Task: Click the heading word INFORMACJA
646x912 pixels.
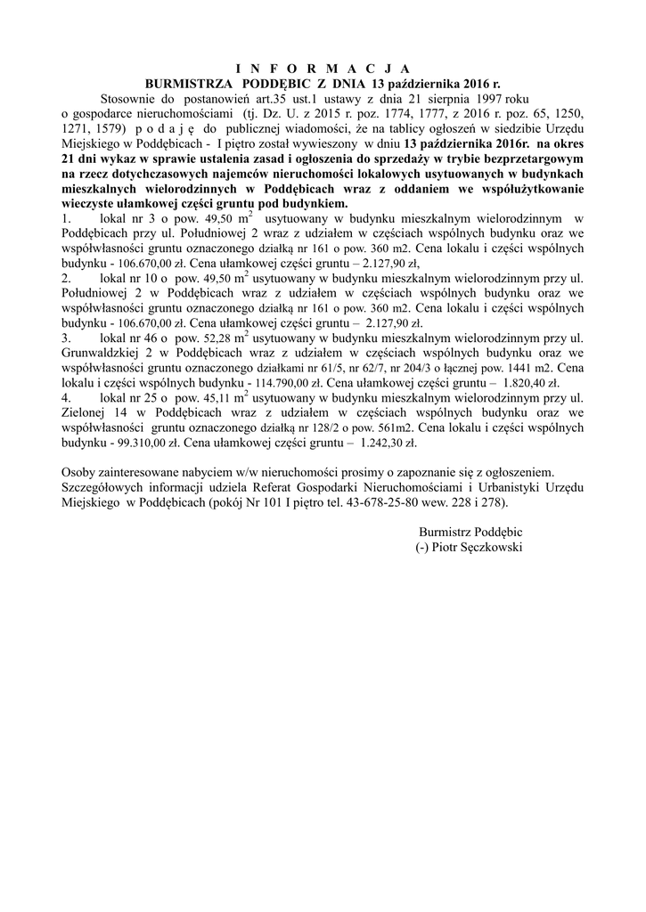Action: pyautogui.click(x=323, y=68)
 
